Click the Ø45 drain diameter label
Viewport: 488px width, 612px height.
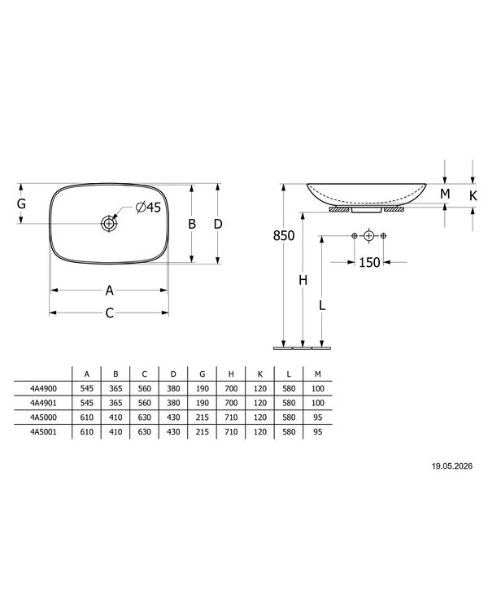(x=148, y=207)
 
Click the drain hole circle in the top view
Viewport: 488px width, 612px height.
(x=109, y=224)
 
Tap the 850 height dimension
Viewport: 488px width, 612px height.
(x=284, y=236)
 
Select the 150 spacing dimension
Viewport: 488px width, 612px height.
(x=369, y=262)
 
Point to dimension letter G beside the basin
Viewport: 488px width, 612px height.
(x=21, y=203)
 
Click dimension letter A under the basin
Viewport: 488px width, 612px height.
(x=110, y=291)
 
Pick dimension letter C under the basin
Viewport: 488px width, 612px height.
(x=110, y=313)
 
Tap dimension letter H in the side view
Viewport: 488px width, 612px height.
(x=303, y=280)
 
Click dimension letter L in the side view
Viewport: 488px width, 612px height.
(x=322, y=305)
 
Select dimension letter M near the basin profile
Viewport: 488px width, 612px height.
(x=445, y=194)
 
